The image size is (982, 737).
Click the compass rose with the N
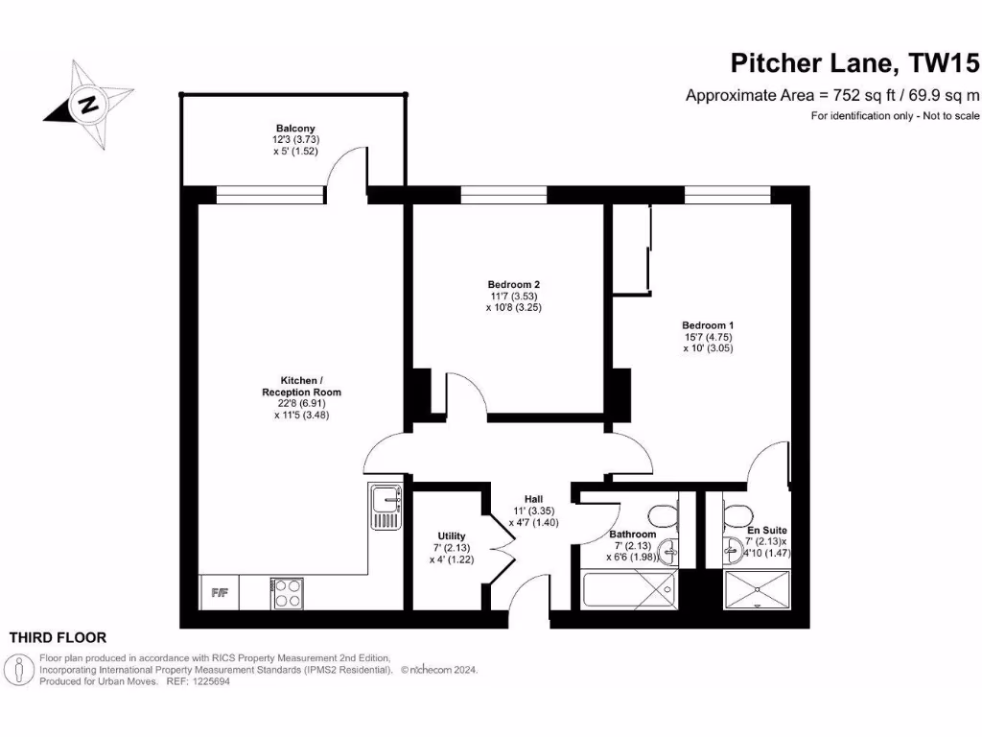pos(88,105)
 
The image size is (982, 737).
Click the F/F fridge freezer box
pos(219,592)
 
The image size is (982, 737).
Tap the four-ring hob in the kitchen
pos(288,592)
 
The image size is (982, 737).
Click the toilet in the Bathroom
pos(660,514)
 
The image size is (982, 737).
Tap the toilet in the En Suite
pos(736,511)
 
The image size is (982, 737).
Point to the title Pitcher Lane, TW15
pos(854,64)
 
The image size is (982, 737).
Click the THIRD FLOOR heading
pos(58,637)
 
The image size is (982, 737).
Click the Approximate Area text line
pos(831,95)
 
